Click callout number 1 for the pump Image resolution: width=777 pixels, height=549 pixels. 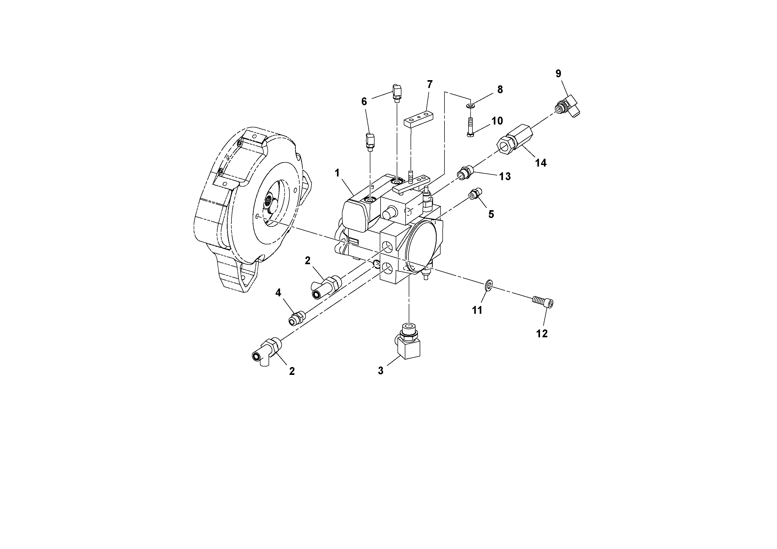tap(337, 173)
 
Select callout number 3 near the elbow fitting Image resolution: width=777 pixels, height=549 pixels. tap(381, 371)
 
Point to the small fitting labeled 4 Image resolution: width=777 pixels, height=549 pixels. tap(297, 318)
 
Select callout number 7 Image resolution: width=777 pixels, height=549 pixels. tap(430, 84)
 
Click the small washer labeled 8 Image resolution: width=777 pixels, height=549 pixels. tap(470, 106)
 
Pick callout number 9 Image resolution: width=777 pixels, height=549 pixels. tap(558, 73)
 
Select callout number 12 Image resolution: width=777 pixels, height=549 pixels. tap(542, 333)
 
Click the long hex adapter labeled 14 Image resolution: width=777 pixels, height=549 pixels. tap(514, 141)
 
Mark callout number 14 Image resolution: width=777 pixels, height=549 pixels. tap(541, 163)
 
